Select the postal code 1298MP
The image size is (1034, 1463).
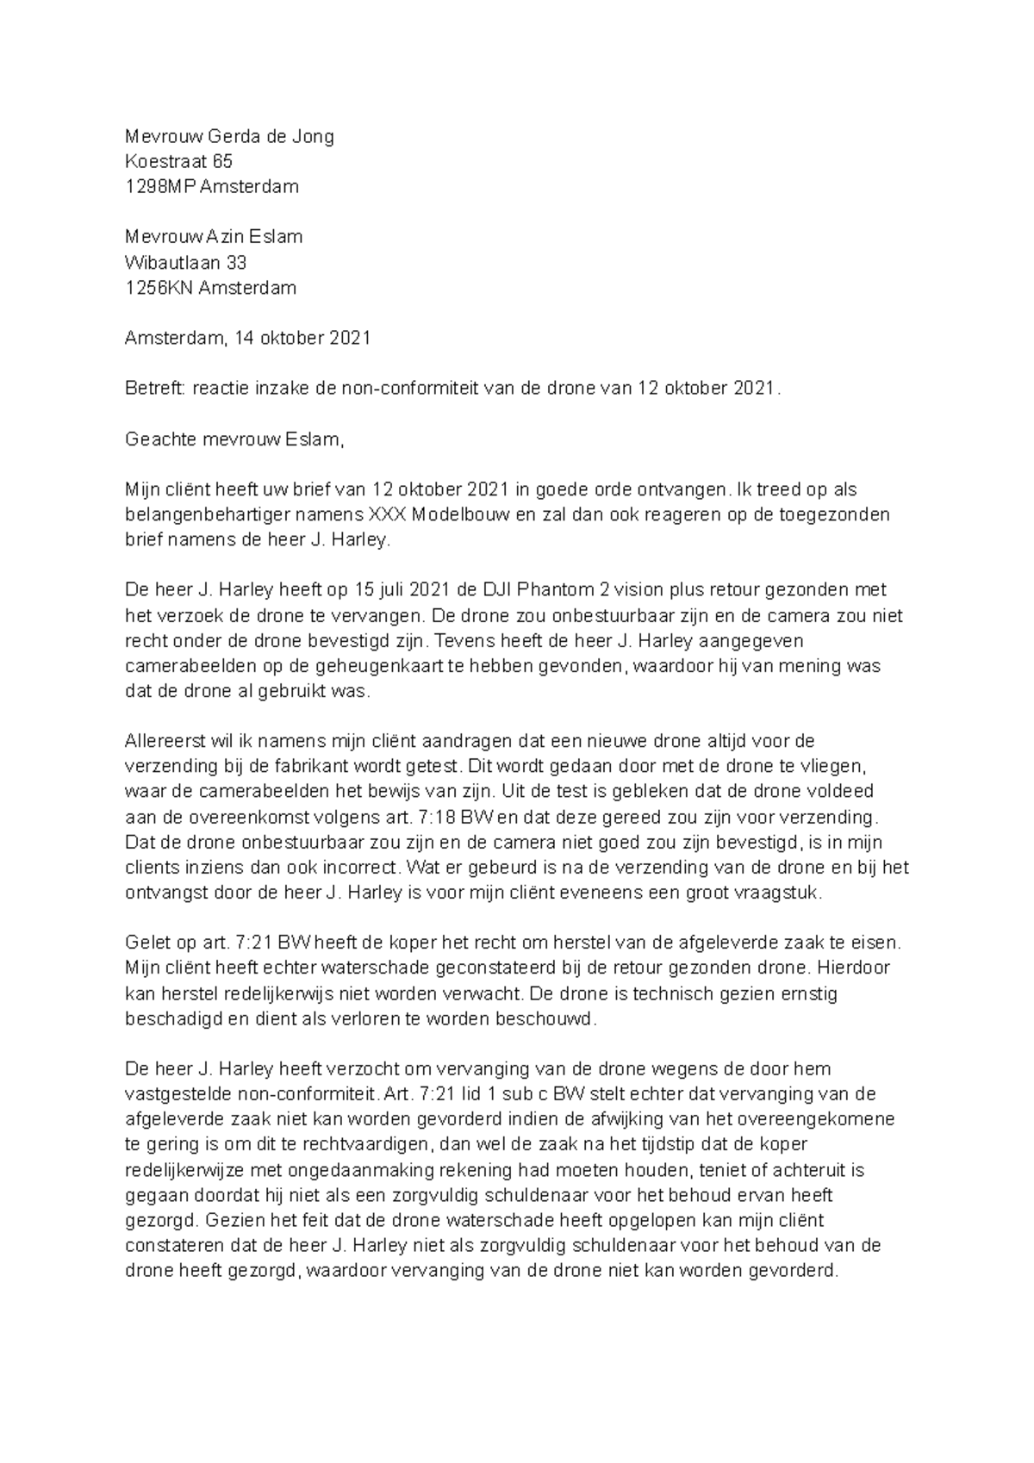160,186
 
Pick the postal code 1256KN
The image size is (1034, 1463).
159,287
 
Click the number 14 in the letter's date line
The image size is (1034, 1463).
245,338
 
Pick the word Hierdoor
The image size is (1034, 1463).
859,968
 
